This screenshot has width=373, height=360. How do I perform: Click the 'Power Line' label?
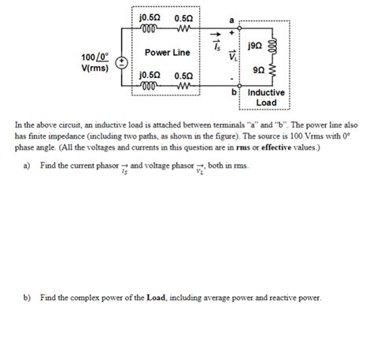click(167, 53)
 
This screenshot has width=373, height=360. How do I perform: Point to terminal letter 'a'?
click(231, 20)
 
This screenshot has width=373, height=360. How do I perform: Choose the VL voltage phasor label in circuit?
click(233, 56)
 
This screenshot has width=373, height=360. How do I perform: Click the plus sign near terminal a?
click(231, 33)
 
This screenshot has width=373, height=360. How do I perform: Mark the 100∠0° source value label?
click(94, 58)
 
